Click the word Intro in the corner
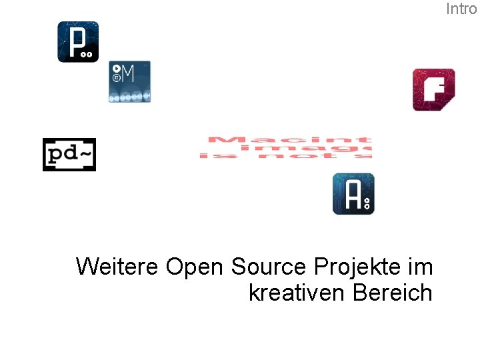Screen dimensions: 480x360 pyautogui.click(x=461, y=9)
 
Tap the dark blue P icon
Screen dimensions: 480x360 pyautogui.click(x=78, y=42)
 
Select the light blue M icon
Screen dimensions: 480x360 pyautogui.click(x=130, y=81)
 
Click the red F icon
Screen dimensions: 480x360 pyautogui.click(x=433, y=89)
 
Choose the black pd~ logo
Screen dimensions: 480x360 pyautogui.click(x=69, y=155)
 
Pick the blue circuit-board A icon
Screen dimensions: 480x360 pyautogui.click(x=353, y=194)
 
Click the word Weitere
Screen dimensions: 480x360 pyautogui.click(x=117, y=267)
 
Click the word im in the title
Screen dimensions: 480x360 pyautogui.click(x=420, y=267)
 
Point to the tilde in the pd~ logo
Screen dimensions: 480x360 pyautogui.click(x=87, y=154)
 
